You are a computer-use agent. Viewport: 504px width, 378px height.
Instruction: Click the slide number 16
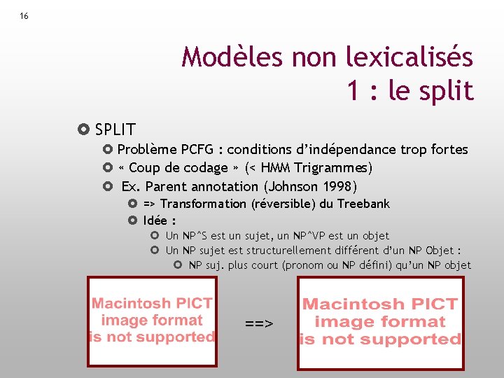(x=24, y=16)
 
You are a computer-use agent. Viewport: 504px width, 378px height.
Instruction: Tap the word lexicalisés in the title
(x=409, y=57)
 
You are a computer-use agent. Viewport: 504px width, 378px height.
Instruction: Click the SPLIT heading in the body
(x=115, y=129)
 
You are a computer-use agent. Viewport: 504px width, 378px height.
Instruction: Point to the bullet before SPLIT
(x=85, y=129)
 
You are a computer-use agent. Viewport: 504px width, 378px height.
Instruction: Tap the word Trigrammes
(x=331, y=168)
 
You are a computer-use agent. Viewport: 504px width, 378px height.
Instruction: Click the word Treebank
(x=363, y=204)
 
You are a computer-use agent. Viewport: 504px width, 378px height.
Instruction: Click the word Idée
(x=155, y=220)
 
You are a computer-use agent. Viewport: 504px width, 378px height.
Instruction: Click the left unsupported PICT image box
(x=152, y=321)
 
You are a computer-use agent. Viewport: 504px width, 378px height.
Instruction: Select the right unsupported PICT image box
(x=381, y=323)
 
